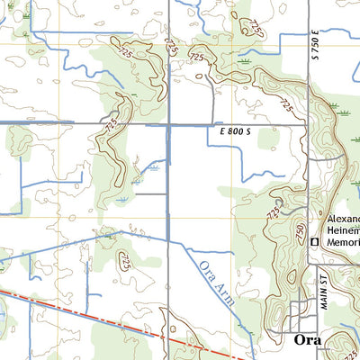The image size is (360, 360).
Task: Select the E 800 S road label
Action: click(234, 131)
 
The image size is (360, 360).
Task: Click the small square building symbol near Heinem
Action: click(314, 242)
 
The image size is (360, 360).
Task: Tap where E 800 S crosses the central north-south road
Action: click(169, 123)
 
